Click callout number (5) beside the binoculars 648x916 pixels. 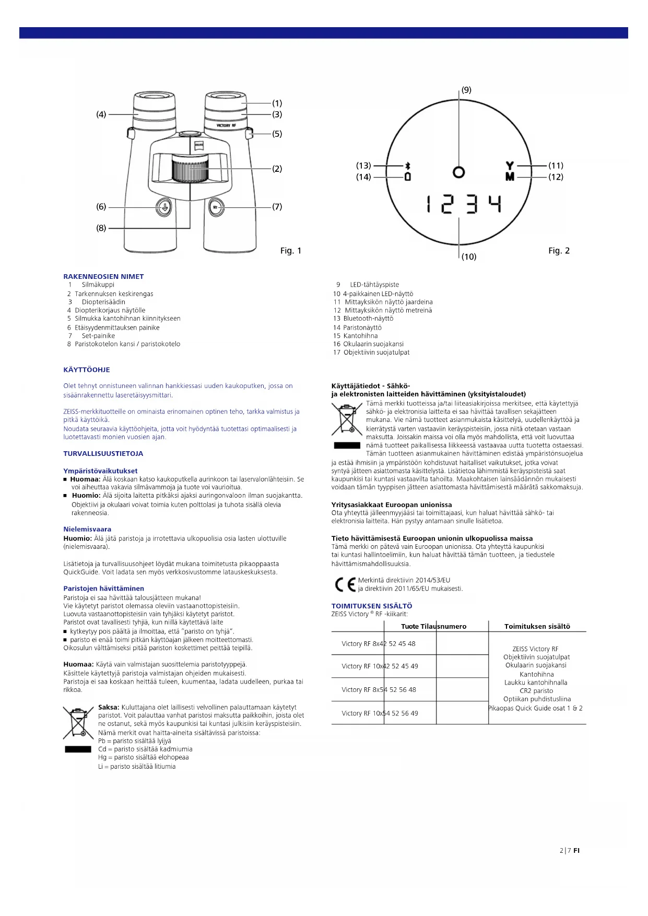[277, 134]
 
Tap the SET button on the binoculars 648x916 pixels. [216, 207]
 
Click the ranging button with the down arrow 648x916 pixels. [164, 207]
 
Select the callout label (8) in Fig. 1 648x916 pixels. [101, 228]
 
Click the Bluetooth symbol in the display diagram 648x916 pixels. [408, 165]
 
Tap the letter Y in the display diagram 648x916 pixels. [510, 166]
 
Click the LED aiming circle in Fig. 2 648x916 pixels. [458, 172]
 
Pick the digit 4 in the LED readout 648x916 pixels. [495, 204]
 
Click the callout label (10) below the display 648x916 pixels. [468, 256]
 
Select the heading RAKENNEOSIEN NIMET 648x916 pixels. [103, 276]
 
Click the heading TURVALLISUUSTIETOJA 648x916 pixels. [103, 453]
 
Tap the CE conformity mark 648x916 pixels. [345, 584]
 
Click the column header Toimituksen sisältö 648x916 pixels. [537, 626]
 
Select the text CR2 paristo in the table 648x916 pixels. [536, 690]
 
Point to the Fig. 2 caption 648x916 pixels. [559, 251]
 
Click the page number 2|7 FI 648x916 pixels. [569, 850]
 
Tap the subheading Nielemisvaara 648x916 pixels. [87, 529]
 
